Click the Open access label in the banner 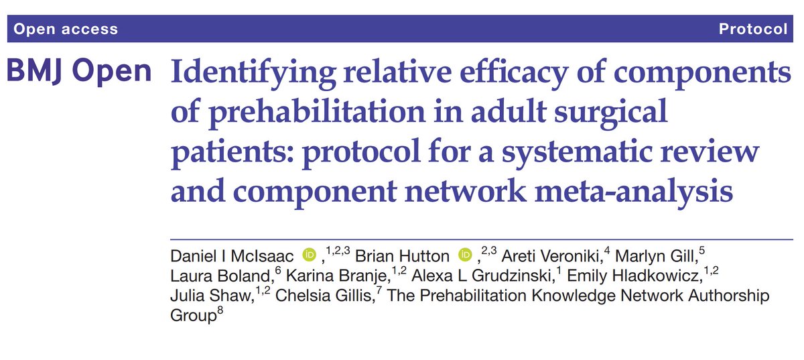coord(66,29)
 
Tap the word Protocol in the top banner coord(752,29)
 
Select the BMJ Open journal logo coord(79,71)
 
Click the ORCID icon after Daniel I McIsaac coord(310,255)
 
